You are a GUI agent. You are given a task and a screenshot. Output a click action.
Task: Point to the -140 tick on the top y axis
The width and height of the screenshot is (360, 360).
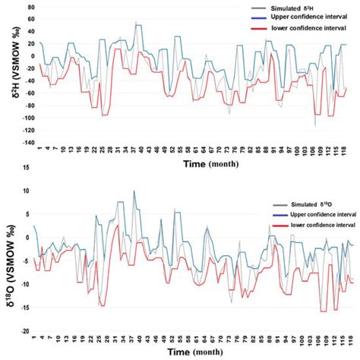(x=21, y=142)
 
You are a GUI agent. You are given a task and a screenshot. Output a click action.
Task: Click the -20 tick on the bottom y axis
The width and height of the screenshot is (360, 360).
(x=24, y=331)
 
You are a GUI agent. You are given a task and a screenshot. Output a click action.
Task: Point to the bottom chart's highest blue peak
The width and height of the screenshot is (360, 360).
(x=134, y=190)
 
